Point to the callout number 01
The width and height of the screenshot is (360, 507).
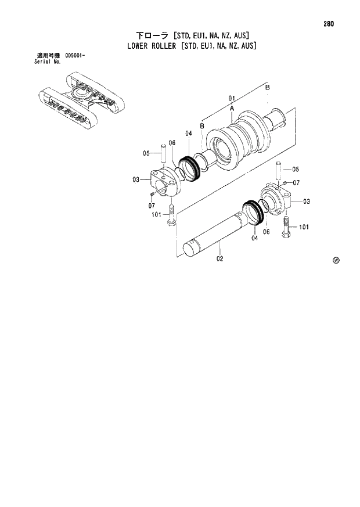231,98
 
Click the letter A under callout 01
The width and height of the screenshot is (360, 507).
231,109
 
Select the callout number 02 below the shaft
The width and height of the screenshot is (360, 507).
220,258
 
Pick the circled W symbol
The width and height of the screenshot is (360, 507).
336,260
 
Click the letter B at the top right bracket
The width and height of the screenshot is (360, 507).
267,87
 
